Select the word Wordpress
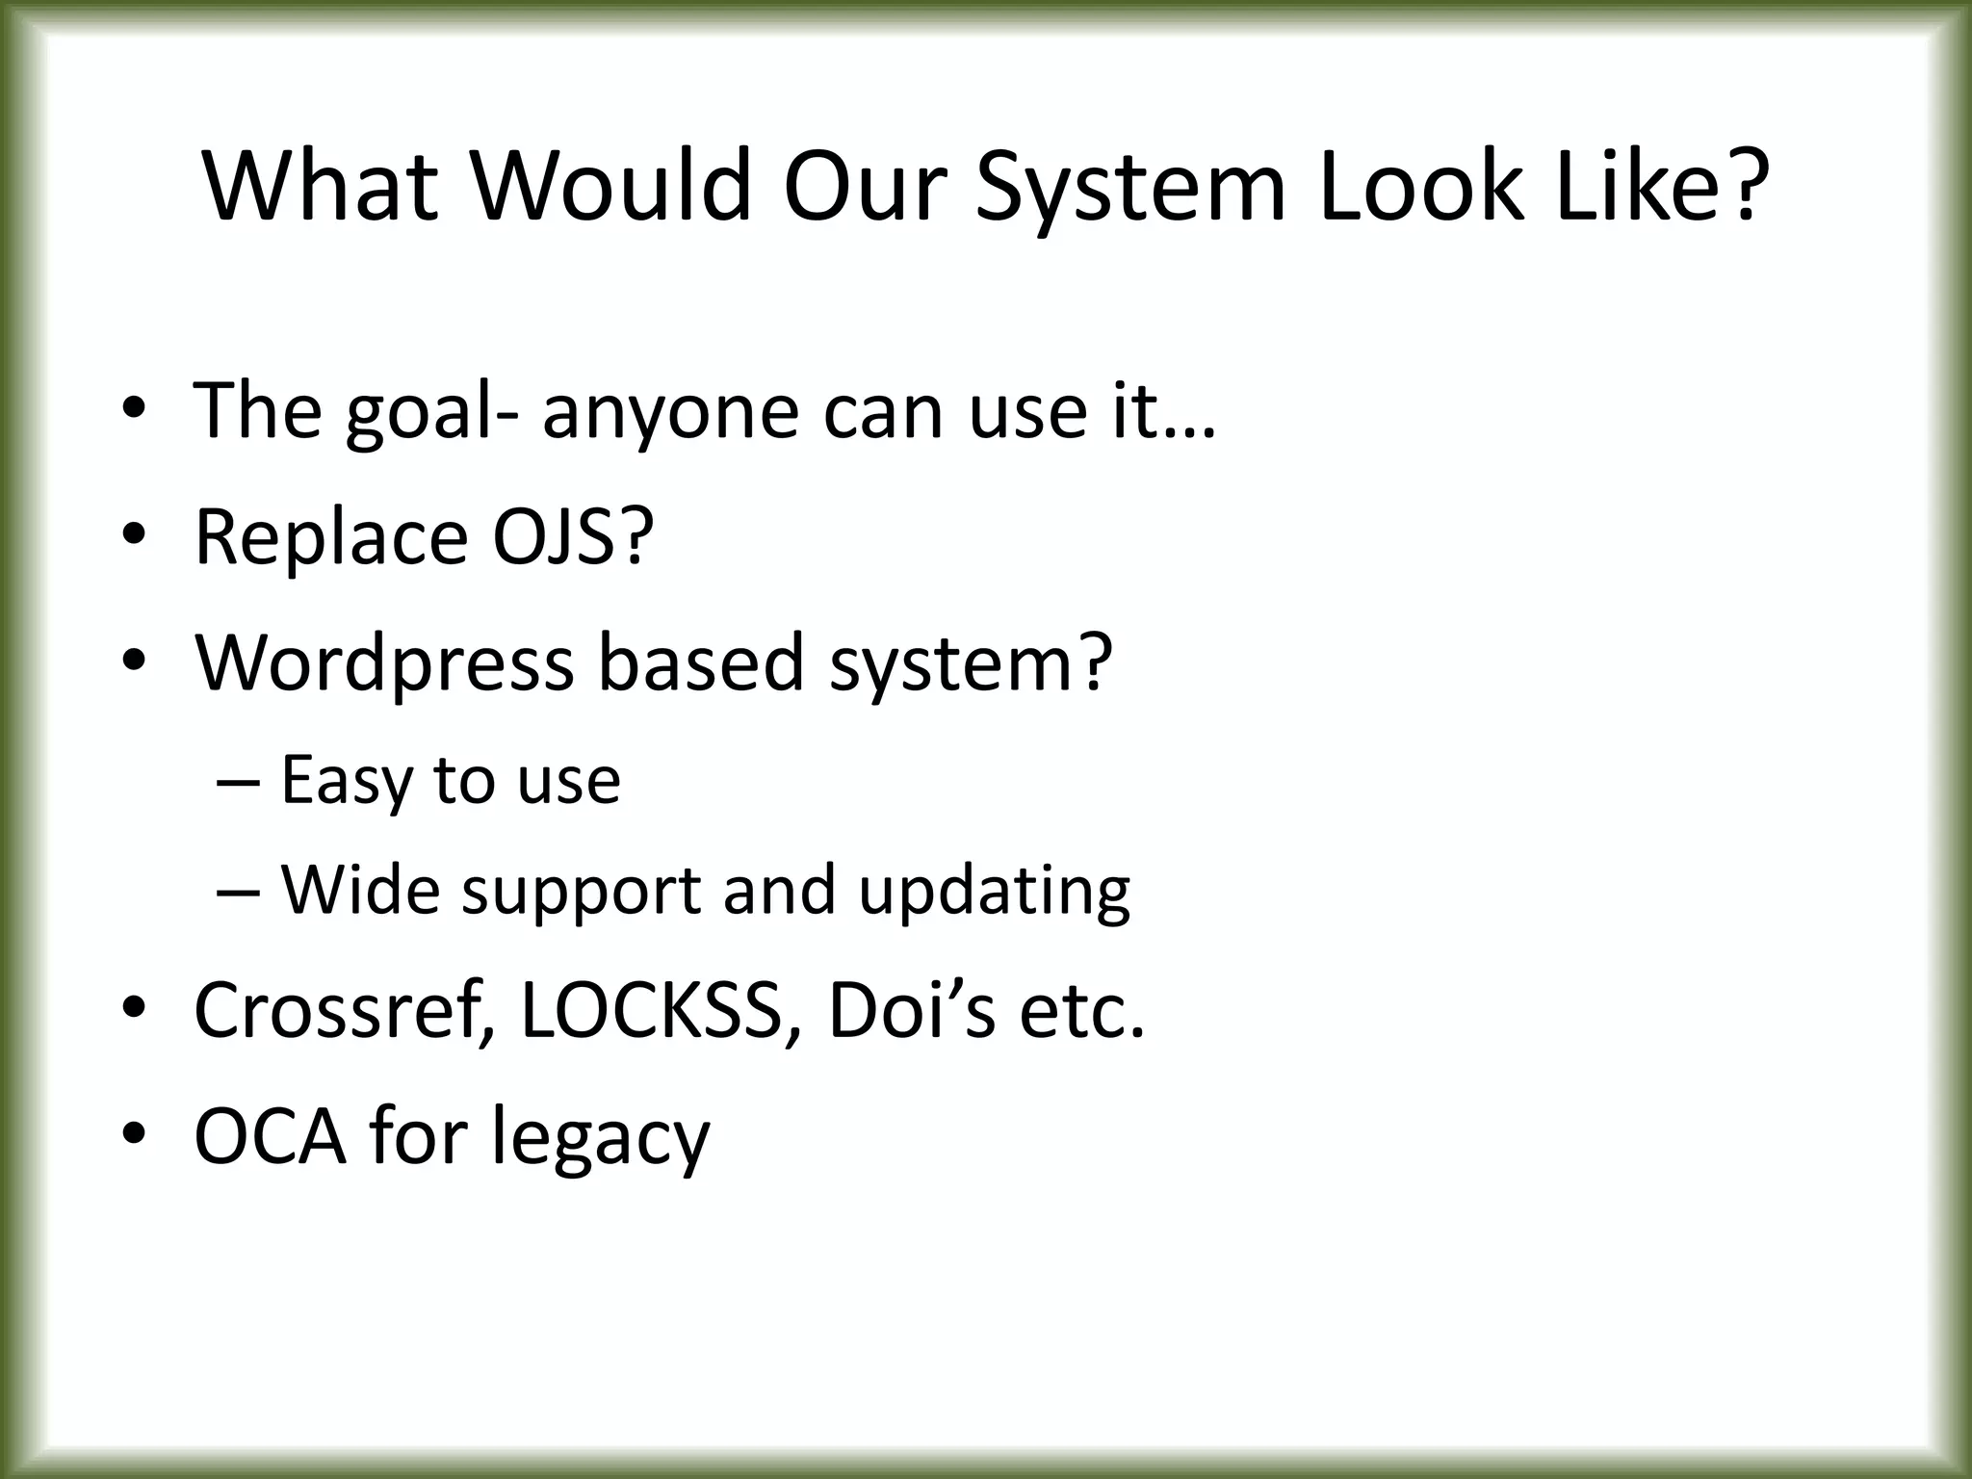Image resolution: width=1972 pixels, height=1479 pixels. click(384, 663)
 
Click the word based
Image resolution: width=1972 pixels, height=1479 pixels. click(700, 663)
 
